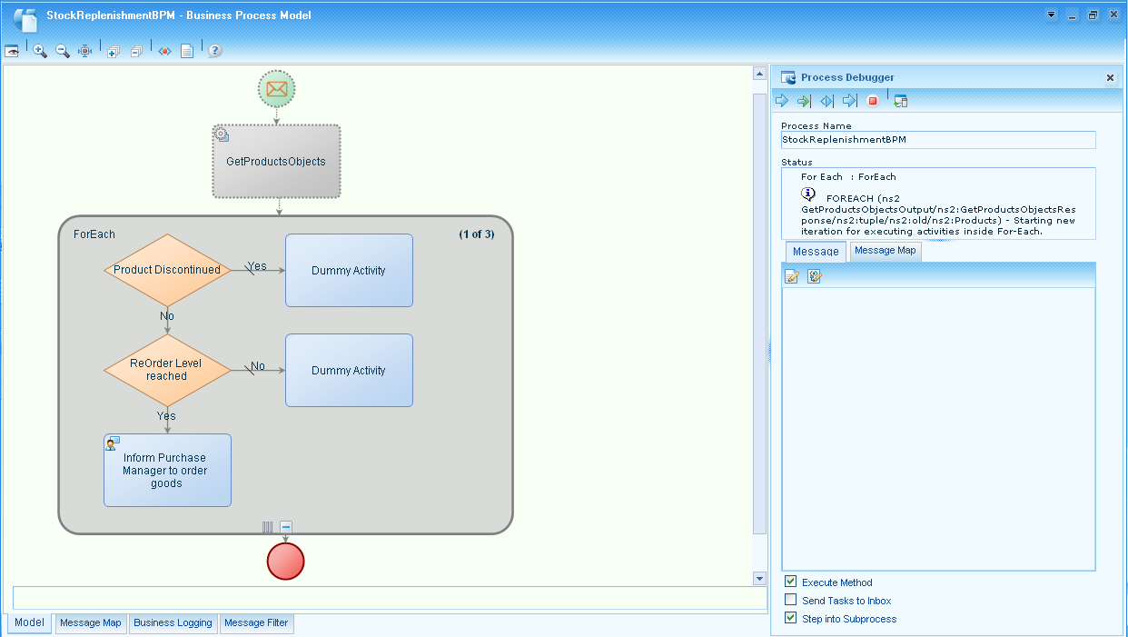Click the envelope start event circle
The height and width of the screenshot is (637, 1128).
[x=277, y=89]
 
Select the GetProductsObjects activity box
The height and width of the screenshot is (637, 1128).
[x=276, y=162]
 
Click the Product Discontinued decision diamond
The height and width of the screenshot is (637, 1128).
[x=167, y=270]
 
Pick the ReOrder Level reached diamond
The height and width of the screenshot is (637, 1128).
[x=167, y=370]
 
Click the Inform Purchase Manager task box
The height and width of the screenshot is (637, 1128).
[x=167, y=471]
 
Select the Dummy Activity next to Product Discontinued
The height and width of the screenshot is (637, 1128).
[x=349, y=271]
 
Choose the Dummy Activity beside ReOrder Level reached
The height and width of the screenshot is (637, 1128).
[x=349, y=371]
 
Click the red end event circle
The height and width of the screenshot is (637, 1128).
[x=285, y=561]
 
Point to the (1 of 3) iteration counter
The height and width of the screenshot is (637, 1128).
[x=476, y=234]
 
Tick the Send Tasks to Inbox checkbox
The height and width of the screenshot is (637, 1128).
[x=791, y=601]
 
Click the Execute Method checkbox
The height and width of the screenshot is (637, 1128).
[x=791, y=582]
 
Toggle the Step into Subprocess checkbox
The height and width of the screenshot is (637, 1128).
[x=791, y=619]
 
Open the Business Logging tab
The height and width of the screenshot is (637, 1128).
[x=173, y=623]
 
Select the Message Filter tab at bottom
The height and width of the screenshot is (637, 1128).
[x=256, y=623]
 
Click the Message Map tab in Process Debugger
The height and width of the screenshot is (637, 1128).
[x=886, y=251]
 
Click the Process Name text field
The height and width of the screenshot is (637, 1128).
[x=937, y=141]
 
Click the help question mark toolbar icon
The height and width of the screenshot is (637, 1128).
[x=214, y=51]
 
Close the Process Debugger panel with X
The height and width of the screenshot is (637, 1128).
[x=1110, y=78]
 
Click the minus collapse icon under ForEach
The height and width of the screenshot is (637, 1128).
[x=286, y=527]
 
